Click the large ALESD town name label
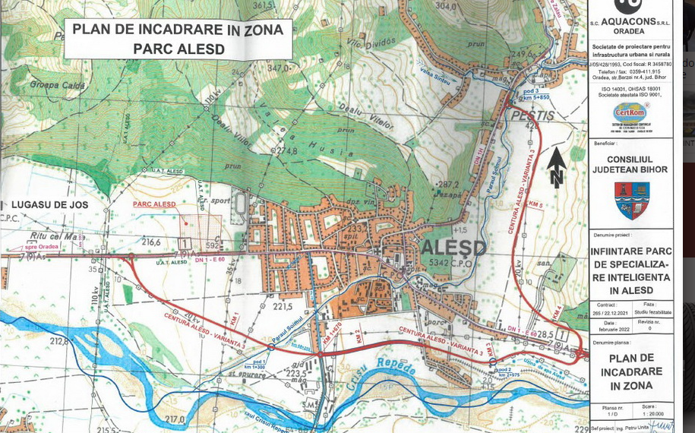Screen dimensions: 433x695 [x=453, y=248]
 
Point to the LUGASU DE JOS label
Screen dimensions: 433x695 [x=49, y=205]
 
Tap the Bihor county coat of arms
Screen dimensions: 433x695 [x=631, y=200]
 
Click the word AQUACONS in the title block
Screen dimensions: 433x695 [x=628, y=21]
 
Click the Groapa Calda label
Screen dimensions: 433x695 [x=58, y=85]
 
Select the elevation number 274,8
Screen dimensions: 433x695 [x=286, y=150]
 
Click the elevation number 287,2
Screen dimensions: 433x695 [x=448, y=184]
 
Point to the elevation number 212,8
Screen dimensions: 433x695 [x=59, y=341]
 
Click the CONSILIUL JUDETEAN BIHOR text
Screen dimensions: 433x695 [x=630, y=164]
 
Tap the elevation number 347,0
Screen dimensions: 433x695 [x=279, y=68]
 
